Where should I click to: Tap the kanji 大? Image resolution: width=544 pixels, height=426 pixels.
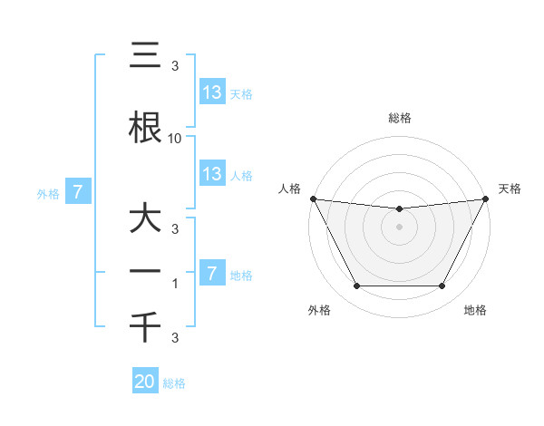click(145, 218)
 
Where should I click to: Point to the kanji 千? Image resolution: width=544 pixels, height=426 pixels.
click(145, 327)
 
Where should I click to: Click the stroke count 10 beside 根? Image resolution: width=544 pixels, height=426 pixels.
click(175, 138)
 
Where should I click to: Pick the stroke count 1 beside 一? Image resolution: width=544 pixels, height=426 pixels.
click(175, 284)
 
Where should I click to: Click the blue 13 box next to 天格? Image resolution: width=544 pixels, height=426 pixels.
click(211, 92)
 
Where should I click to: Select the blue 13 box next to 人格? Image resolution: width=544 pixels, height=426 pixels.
click(211, 174)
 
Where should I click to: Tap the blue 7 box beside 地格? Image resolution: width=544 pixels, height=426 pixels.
click(211, 274)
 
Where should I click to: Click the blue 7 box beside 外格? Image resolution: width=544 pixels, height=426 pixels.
click(78, 192)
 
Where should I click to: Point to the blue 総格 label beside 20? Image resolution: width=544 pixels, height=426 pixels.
click(174, 383)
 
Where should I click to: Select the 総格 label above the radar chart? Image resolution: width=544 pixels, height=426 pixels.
click(399, 118)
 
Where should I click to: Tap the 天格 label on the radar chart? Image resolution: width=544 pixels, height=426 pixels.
click(510, 189)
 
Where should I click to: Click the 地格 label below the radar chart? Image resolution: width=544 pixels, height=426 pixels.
click(475, 311)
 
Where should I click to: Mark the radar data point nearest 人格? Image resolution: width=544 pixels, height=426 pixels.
click(313, 198)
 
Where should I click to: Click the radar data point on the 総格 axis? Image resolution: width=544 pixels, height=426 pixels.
click(399, 209)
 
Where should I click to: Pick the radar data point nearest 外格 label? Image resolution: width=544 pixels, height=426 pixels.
click(356, 286)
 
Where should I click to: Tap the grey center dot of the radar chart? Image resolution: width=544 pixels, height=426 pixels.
click(399, 227)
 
